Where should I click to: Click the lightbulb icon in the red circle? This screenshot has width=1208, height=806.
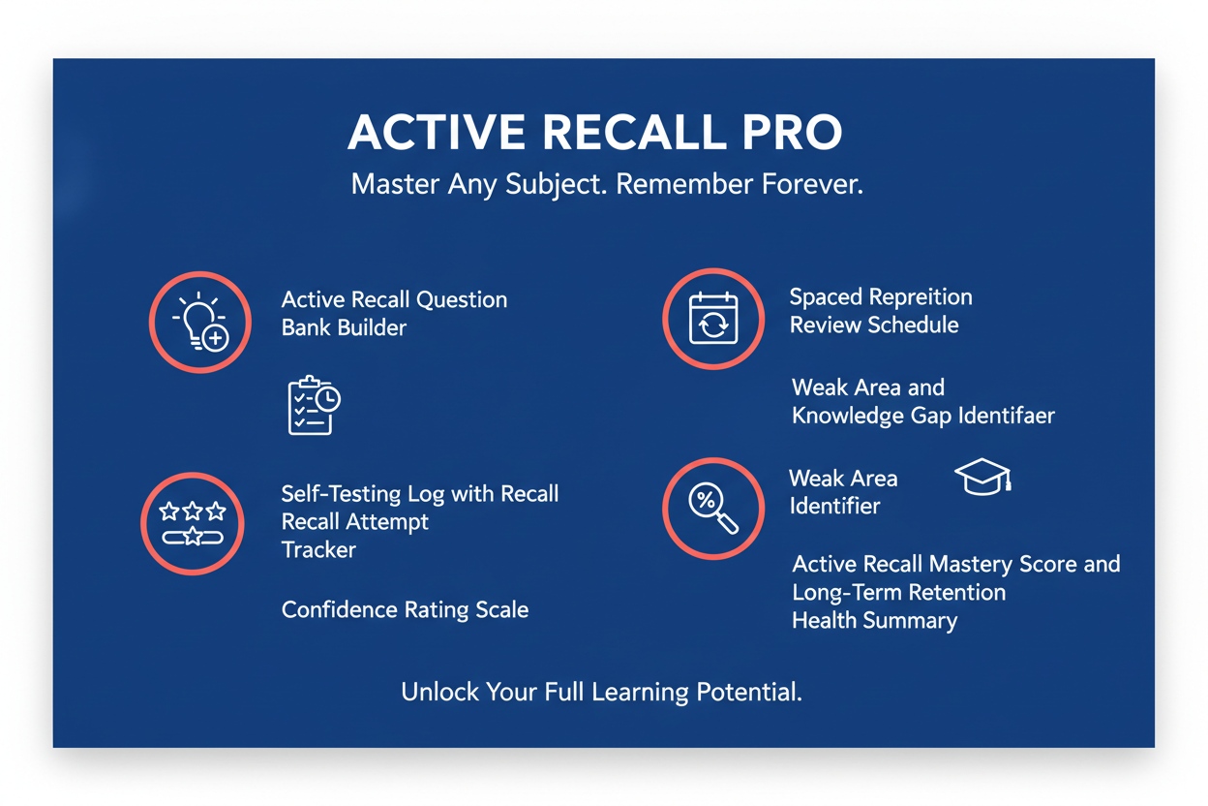tap(200, 322)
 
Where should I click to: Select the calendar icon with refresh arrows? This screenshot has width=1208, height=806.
tap(713, 319)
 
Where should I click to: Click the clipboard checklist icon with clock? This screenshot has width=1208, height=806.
tap(314, 405)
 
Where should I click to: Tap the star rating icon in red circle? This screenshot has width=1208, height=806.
tap(193, 523)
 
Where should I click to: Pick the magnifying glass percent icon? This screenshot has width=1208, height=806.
tap(712, 509)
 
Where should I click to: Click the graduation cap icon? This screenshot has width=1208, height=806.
tap(982, 477)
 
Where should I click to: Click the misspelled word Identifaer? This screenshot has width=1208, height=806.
tap(1006, 416)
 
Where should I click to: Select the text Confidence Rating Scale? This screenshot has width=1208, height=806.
tap(405, 609)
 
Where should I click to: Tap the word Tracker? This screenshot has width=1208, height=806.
tap(318, 549)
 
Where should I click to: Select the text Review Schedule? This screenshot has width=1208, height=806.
tap(873, 325)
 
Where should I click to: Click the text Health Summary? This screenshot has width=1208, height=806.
tap(874, 620)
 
